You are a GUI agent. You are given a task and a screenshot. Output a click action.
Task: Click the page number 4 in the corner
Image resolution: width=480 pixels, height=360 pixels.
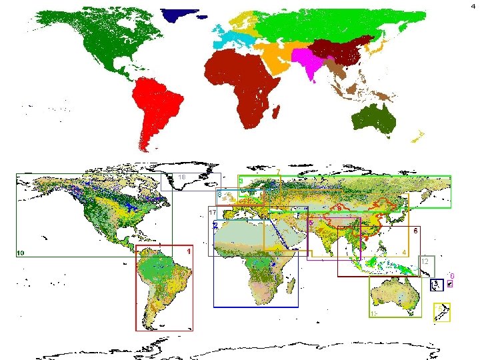point(474,5)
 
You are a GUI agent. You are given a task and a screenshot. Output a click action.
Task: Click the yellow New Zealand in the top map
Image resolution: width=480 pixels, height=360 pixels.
point(418,137)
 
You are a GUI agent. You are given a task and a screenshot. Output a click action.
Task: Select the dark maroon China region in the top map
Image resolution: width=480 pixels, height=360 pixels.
point(340,51)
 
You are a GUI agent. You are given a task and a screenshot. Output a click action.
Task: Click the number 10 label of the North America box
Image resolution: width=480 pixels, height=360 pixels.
point(21,253)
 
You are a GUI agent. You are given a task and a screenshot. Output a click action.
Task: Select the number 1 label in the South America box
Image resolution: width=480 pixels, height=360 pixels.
point(189,251)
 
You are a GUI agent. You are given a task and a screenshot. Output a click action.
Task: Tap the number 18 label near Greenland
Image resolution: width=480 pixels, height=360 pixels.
point(181,177)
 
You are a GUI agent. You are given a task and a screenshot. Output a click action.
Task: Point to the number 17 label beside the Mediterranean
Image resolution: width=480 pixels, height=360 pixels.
point(213,212)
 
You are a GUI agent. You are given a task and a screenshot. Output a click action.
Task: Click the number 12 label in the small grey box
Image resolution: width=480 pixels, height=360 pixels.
point(425,262)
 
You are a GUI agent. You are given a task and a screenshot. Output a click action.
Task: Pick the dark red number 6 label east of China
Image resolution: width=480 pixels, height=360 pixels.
point(415,231)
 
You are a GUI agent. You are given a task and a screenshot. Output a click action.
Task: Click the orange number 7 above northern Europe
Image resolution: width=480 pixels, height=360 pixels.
point(278,173)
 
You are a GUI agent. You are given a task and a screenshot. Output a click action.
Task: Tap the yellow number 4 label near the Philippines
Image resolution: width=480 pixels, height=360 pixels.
point(404,253)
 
